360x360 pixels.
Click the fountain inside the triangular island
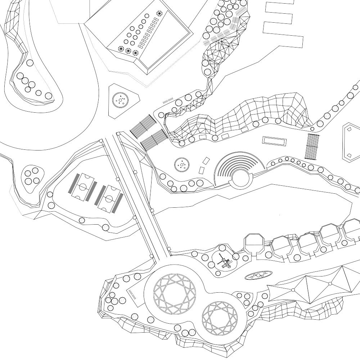[x=120, y=100]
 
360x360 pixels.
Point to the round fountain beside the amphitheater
[x=182, y=165]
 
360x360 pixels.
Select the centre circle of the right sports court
[x=109, y=198]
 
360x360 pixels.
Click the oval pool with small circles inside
[x=258, y=275]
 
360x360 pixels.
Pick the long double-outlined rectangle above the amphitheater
[x=275, y=141]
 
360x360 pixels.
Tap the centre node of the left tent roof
[x=293, y=289]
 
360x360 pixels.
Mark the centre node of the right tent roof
[x=330, y=284]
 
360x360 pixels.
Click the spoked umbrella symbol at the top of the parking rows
[x=159, y=14]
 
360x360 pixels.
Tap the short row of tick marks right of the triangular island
[x=168, y=100]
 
